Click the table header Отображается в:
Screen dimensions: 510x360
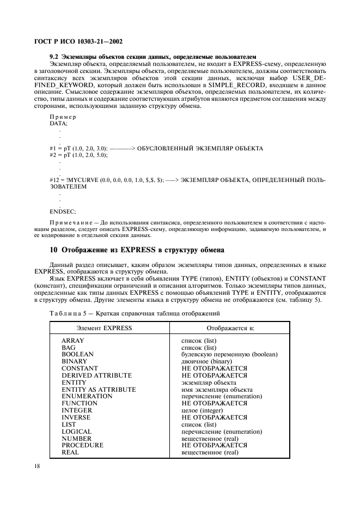point(231,329)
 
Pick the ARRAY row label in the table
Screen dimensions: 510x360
point(73,340)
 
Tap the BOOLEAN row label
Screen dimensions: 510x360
point(77,354)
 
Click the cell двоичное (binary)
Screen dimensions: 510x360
point(207,361)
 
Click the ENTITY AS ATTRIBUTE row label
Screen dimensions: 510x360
point(99,390)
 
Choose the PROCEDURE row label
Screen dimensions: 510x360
point(82,445)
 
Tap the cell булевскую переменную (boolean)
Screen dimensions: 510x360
point(229,354)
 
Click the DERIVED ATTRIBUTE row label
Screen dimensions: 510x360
point(96,375)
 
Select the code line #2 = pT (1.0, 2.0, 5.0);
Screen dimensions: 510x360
point(78,155)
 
